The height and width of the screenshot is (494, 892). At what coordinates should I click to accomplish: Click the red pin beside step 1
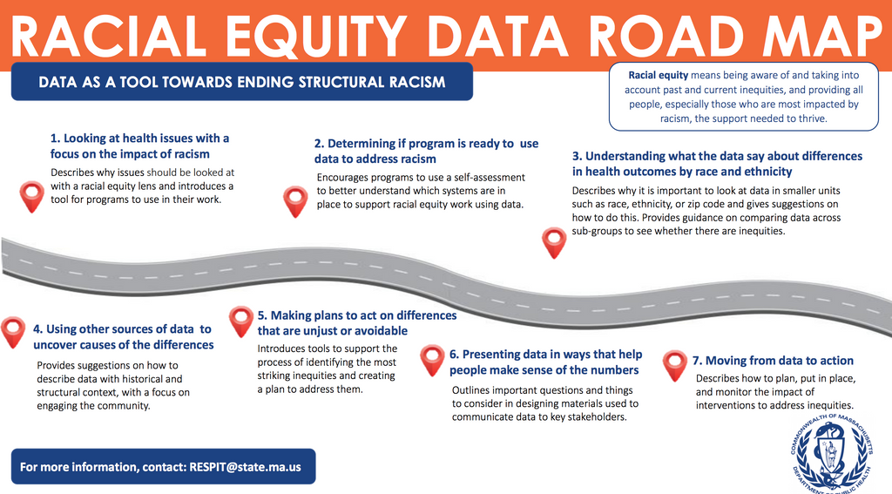coord(32,197)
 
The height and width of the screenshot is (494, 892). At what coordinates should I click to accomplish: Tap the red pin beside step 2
coord(295,201)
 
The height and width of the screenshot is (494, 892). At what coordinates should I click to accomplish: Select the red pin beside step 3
coord(554,242)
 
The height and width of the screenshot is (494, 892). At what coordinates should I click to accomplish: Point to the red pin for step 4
coord(12,332)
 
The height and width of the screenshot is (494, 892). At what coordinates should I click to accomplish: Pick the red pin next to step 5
coord(241,321)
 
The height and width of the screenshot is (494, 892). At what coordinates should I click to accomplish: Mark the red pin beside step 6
coord(432,360)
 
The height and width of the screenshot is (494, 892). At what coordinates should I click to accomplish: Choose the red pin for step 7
coord(675,365)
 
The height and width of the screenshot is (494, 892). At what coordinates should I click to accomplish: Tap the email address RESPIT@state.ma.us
coord(245,467)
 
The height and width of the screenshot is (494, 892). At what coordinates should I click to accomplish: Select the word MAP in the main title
coord(822,35)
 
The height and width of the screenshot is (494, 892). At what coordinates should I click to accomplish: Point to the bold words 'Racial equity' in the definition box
coord(659,75)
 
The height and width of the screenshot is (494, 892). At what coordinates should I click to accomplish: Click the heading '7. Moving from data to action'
coord(773,360)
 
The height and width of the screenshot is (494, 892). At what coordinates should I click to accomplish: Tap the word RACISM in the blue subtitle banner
coord(417,82)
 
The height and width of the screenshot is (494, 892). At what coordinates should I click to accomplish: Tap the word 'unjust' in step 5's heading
coord(314,331)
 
